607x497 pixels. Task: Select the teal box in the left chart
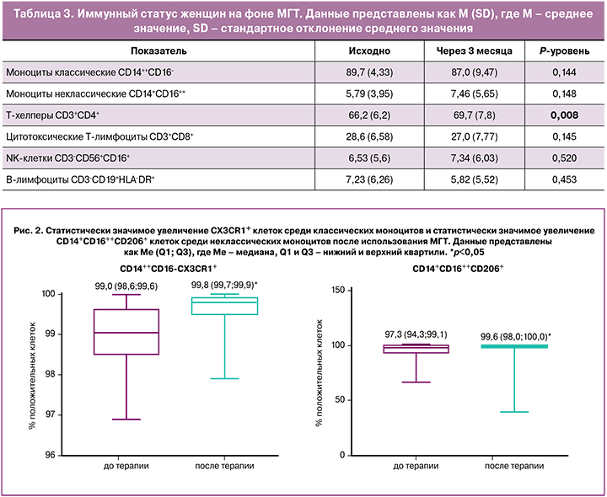[223, 306]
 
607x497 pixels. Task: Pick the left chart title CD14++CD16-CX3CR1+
[169, 269]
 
